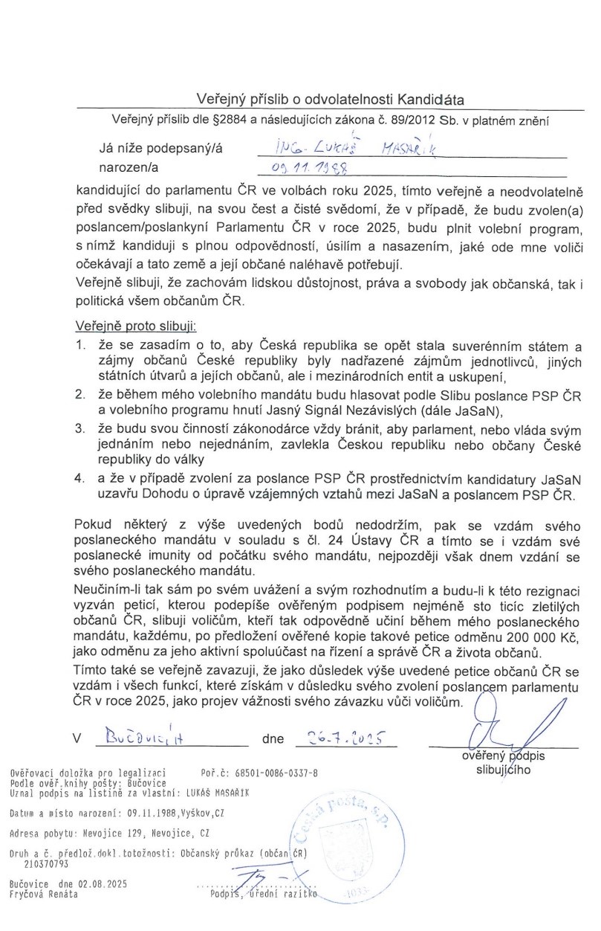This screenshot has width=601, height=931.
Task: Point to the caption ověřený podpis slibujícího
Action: click(503, 764)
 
